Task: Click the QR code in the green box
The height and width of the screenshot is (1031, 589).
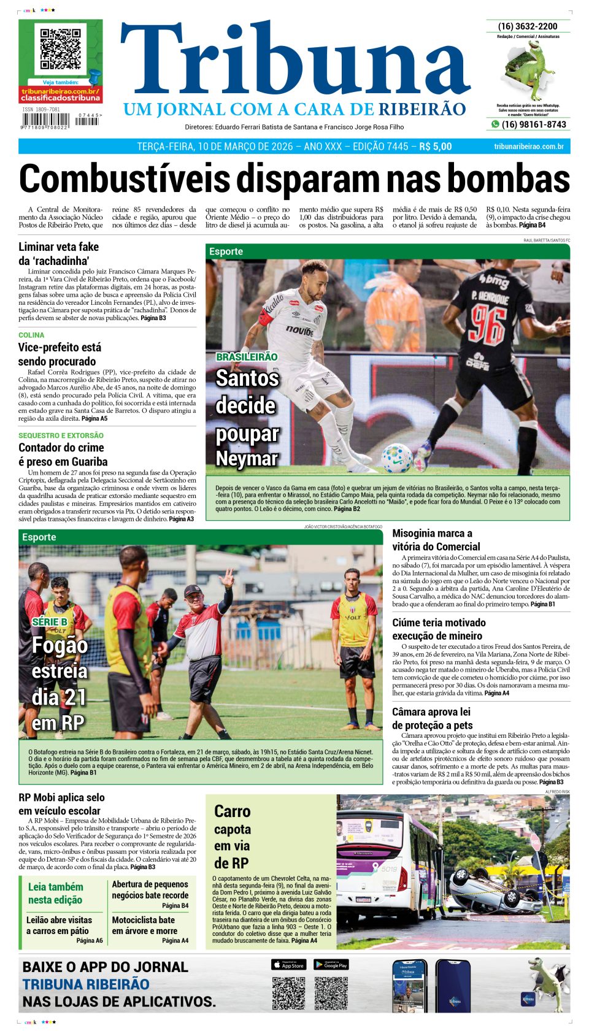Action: [61, 48]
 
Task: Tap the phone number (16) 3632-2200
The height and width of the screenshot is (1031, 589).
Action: [528, 26]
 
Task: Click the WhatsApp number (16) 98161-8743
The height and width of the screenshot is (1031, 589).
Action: [533, 125]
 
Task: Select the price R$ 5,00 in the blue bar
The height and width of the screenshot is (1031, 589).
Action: [435, 147]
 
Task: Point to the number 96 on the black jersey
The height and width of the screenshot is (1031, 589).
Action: [488, 324]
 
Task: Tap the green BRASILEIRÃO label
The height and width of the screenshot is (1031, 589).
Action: [247, 357]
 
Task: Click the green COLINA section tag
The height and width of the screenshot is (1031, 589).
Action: [31, 335]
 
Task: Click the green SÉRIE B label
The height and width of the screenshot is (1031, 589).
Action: [50, 622]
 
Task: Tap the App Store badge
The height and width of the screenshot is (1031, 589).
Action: [288, 965]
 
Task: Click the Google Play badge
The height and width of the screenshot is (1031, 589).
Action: [331, 965]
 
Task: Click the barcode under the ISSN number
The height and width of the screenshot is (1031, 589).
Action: [43, 121]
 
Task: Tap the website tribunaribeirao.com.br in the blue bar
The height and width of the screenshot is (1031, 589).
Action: [528, 147]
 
